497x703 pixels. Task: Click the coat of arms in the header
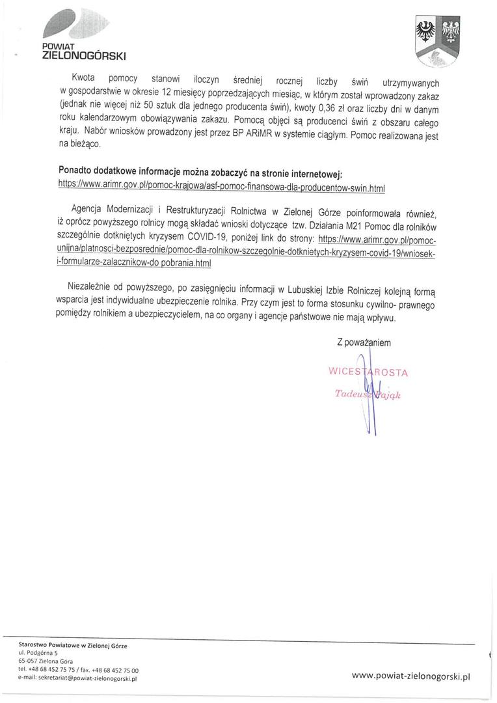coord(438,41)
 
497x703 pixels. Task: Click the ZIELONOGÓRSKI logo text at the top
coord(84,57)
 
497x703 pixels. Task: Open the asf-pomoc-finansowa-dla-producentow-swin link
coord(222,186)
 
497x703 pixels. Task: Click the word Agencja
coord(92,212)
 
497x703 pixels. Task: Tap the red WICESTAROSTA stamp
coord(368,372)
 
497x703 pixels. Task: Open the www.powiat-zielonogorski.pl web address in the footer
coord(410,676)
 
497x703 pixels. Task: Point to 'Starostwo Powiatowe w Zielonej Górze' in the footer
coord(73,644)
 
